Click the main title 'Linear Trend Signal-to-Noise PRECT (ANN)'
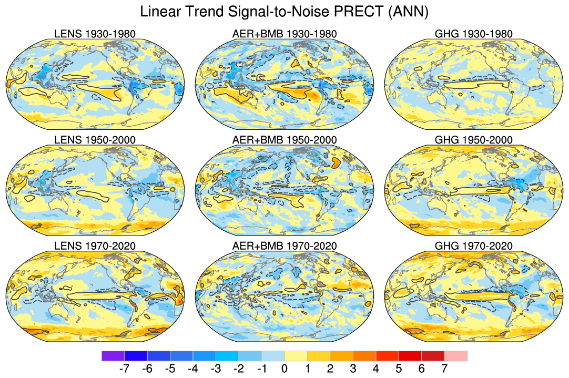(284, 12)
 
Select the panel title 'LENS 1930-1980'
(95, 34)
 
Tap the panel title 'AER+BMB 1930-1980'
(284, 34)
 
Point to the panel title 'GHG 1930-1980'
(473, 34)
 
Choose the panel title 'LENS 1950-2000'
(95, 140)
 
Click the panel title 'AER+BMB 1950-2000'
(284, 140)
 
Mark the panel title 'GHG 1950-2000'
(473, 140)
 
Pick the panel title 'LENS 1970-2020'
(95, 246)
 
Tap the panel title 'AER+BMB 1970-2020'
(284, 246)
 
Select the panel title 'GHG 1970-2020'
(473, 246)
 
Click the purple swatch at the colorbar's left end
(113, 356)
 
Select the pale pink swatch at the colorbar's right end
(455, 356)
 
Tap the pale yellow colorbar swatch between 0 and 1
(296, 356)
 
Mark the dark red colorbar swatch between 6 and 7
(433, 356)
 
